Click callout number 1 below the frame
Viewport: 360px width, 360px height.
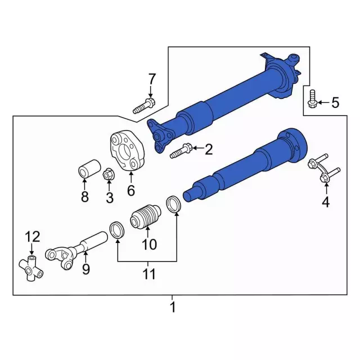click(x=173, y=308)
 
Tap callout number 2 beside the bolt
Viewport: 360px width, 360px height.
click(x=209, y=149)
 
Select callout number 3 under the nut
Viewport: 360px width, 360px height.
click(x=109, y=197)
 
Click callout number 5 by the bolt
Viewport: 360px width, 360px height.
click(x=335, y=102)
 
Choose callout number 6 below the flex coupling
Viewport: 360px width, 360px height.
click(x=130, y=191)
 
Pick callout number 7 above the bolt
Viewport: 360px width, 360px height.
click(x=151, y=78)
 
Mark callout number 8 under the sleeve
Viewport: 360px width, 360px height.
click(x=85, y=197)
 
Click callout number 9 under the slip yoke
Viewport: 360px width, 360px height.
click(x=85, y=269)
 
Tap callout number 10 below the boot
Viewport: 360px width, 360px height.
click(x=150, y=245)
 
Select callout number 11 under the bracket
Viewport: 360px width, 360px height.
click(x=148, y=275)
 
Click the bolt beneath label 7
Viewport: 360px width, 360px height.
click(x=145, y=105)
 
